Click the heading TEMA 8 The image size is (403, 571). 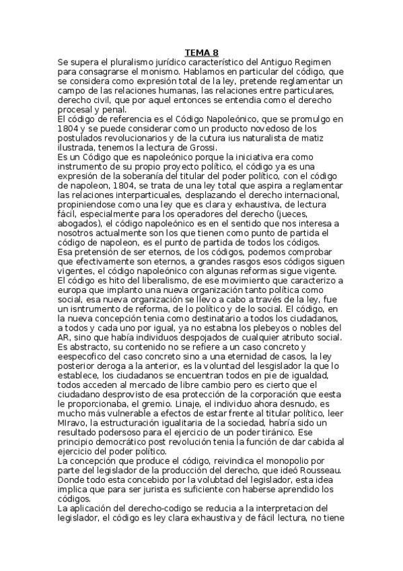[202, 52]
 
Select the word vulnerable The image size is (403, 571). [130, 402]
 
